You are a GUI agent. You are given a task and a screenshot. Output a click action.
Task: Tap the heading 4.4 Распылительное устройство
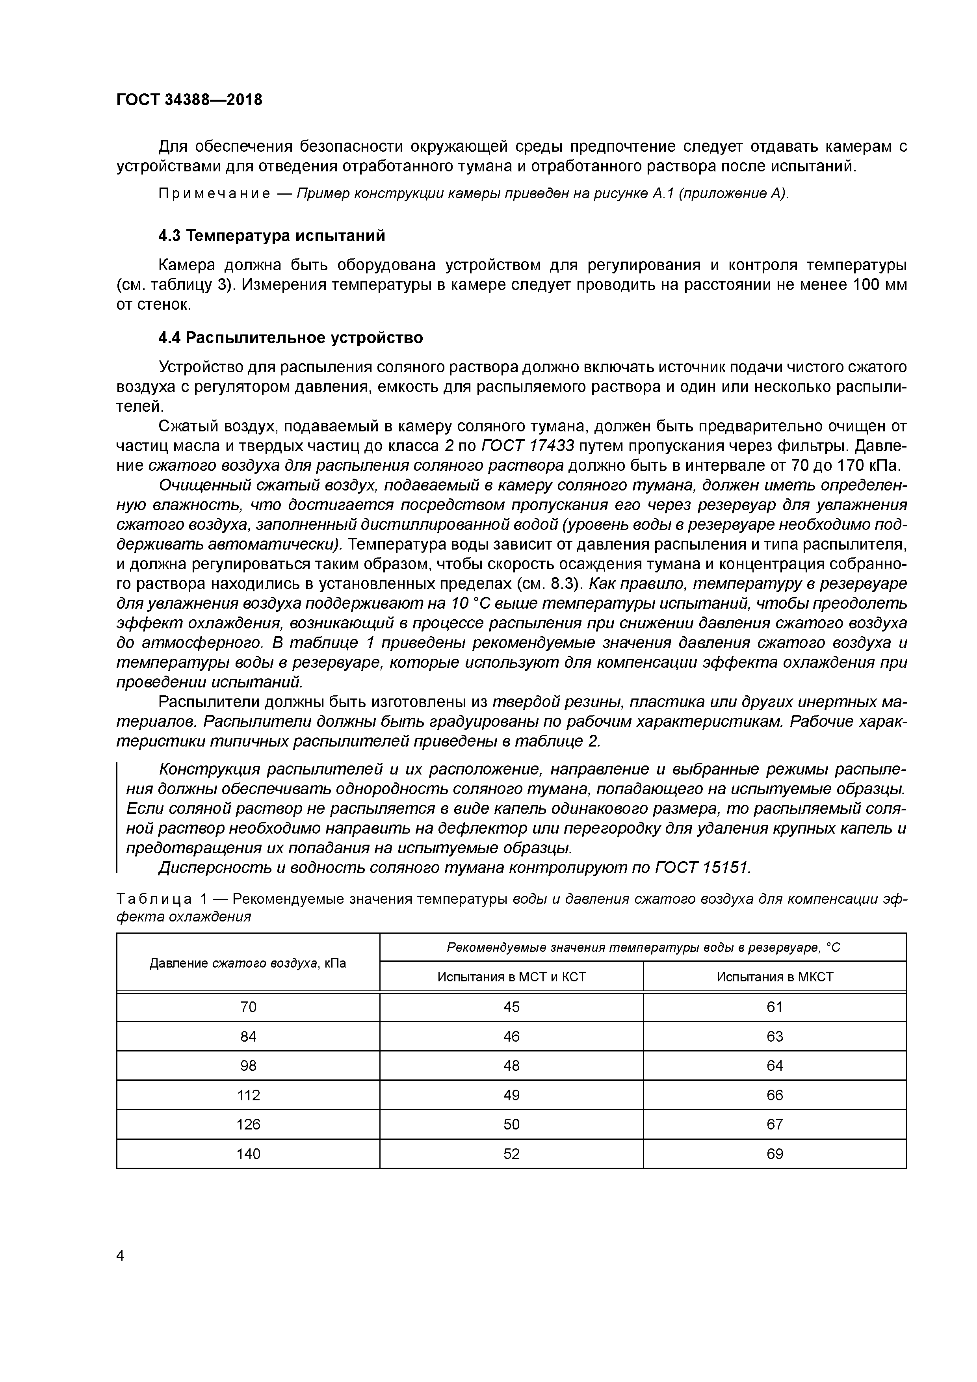click(x=290, y=338)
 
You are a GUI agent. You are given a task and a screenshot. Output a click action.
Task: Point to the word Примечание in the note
click(x=214, y=194)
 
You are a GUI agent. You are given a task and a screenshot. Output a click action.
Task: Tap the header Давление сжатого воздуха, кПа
click(x=248, y=962)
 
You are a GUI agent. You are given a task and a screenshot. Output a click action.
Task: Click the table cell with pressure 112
click(x=248, y=1095)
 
